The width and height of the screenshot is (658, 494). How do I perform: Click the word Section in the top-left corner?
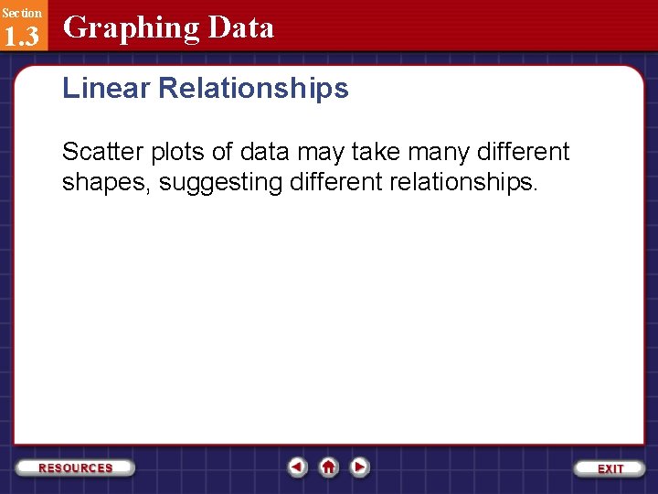(21, 13)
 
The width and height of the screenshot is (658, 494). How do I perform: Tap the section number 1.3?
(21, 36)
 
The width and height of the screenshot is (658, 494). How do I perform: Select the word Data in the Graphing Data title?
(240, 27)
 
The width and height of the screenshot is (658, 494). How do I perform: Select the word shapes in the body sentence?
(107, 183)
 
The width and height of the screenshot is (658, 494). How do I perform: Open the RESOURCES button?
(76, 467)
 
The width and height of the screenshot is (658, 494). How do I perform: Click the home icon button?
(329, 467)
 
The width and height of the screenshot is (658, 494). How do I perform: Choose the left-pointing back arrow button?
(297, 467)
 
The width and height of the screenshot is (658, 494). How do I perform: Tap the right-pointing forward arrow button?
(360, 467)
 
